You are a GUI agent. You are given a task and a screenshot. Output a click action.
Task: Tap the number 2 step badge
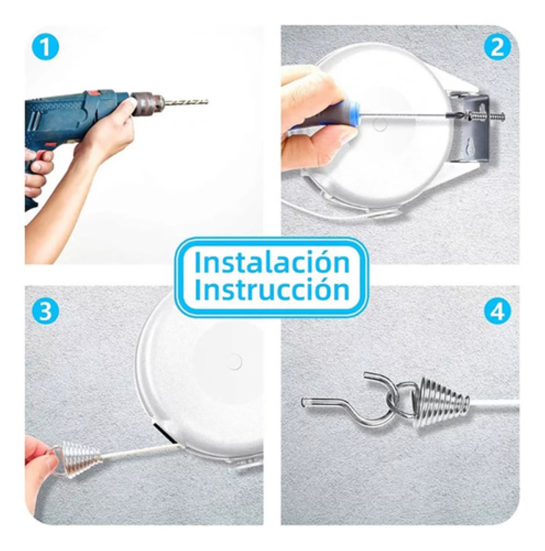click(497, 48)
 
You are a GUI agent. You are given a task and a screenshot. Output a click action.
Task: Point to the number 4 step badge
click(497, 312)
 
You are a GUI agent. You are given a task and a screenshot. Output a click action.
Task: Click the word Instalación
click(272, 262)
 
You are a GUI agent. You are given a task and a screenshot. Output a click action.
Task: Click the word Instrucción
click(272, 290)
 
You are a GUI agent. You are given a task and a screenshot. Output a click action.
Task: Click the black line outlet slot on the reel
click(164, 433)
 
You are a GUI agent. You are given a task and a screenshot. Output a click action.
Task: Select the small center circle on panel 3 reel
click(234, 361)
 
